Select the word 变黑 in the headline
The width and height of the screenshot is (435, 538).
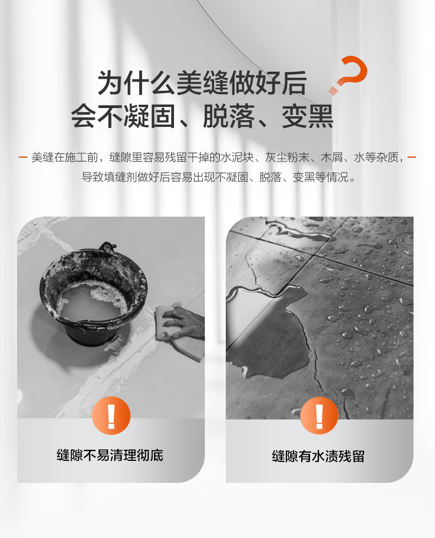click(x=307, y=116)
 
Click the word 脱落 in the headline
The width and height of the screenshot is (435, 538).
click(x=229, y=116)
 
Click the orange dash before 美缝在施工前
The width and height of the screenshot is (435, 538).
click(x=23, y=158)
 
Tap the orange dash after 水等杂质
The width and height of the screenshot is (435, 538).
click(x=412, y=158)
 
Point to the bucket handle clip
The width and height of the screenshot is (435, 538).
click(x=107, y=247)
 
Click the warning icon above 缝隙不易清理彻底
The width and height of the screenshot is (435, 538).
click(x=111, y=416)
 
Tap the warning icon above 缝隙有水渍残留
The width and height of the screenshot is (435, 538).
click(x=319, y=416)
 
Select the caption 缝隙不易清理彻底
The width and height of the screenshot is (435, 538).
click(x=110, y=455)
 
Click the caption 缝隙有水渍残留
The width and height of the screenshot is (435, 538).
click(x=318, y=456)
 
